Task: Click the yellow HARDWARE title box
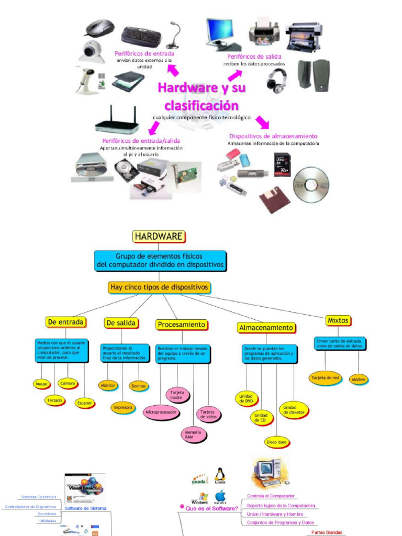click(x=159, y=236)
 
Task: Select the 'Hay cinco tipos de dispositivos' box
click(x=159, y=287)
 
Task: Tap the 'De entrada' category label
click(x=65, y=322)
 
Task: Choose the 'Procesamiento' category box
click(x=181, y=325)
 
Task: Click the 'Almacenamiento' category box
click(x=266, y=328)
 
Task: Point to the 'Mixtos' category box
click(x=338, y=320)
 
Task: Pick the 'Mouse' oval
click(x=41, y=384)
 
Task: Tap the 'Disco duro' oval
click(x=276, y=442)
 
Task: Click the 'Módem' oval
click(x=359, y=379)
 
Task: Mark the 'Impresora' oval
click(x=123, y=407)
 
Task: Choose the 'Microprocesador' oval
click(x=162, y=412)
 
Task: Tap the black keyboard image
click(x=141, y=36)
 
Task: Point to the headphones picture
click(x=276, y=80)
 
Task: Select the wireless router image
click(x=117, y=121)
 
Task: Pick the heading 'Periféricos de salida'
click(x=254, y=57)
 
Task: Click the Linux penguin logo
click(x=220, y=475)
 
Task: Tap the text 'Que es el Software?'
click(x=211, y=508)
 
